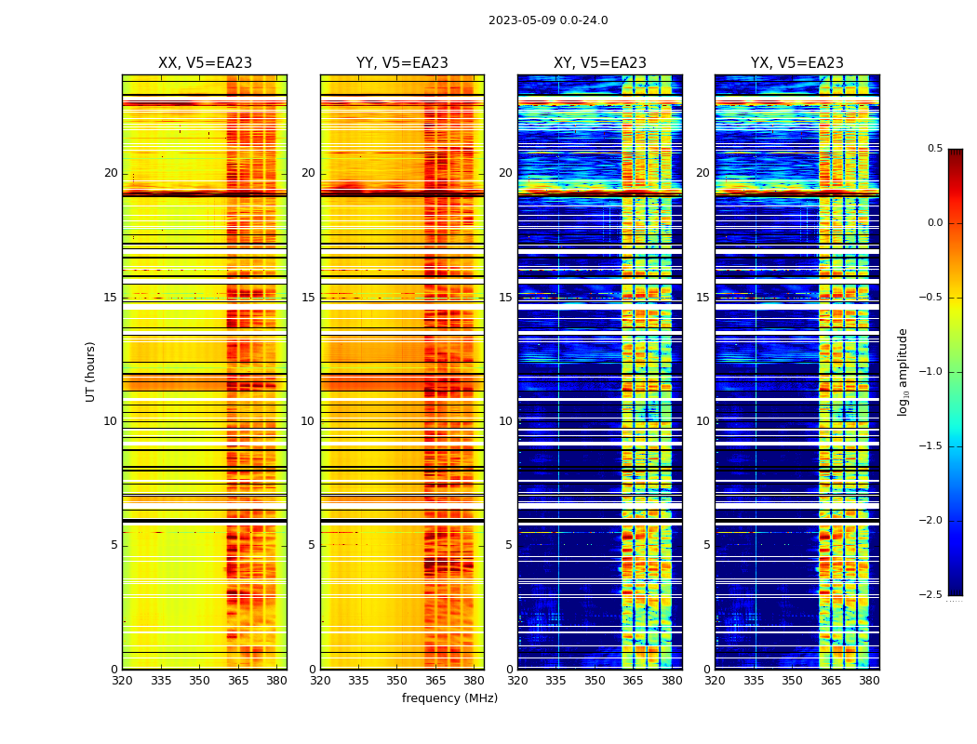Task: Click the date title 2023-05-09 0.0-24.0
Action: tap(548, 20)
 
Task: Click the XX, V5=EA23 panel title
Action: tap(205, 63)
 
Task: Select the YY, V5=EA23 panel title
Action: tap(402, 63)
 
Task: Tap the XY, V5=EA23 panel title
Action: tap(600, 63)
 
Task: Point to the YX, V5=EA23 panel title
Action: tap(797, 63)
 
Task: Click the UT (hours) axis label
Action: tap(91, 371)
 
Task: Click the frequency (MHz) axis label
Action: tap(449, 698)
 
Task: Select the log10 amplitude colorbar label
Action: tap(903, 371)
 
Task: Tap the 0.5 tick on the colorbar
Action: tap(934, 149)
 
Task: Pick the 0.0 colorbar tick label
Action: tap(934, 223)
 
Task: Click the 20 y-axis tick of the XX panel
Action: tap(111, 173)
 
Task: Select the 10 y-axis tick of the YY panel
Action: tap(308, 421)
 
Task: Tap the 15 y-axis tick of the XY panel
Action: tap(505, 298)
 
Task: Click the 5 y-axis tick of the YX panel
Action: tap(706, 545)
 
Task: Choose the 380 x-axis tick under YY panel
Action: tap(474, 681)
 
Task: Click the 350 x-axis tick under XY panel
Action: tap(595, 681)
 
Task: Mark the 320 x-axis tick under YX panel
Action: tap(715, 681)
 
